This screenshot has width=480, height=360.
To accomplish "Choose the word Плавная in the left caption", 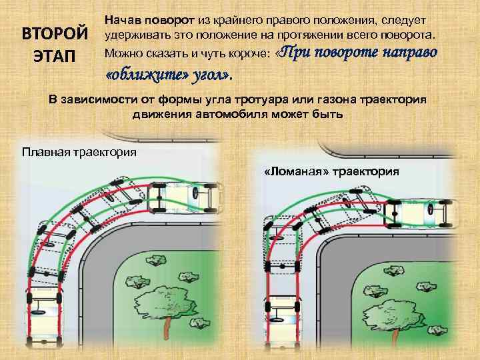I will click(48, 152).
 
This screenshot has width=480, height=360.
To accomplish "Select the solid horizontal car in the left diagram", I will click(185, 194).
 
